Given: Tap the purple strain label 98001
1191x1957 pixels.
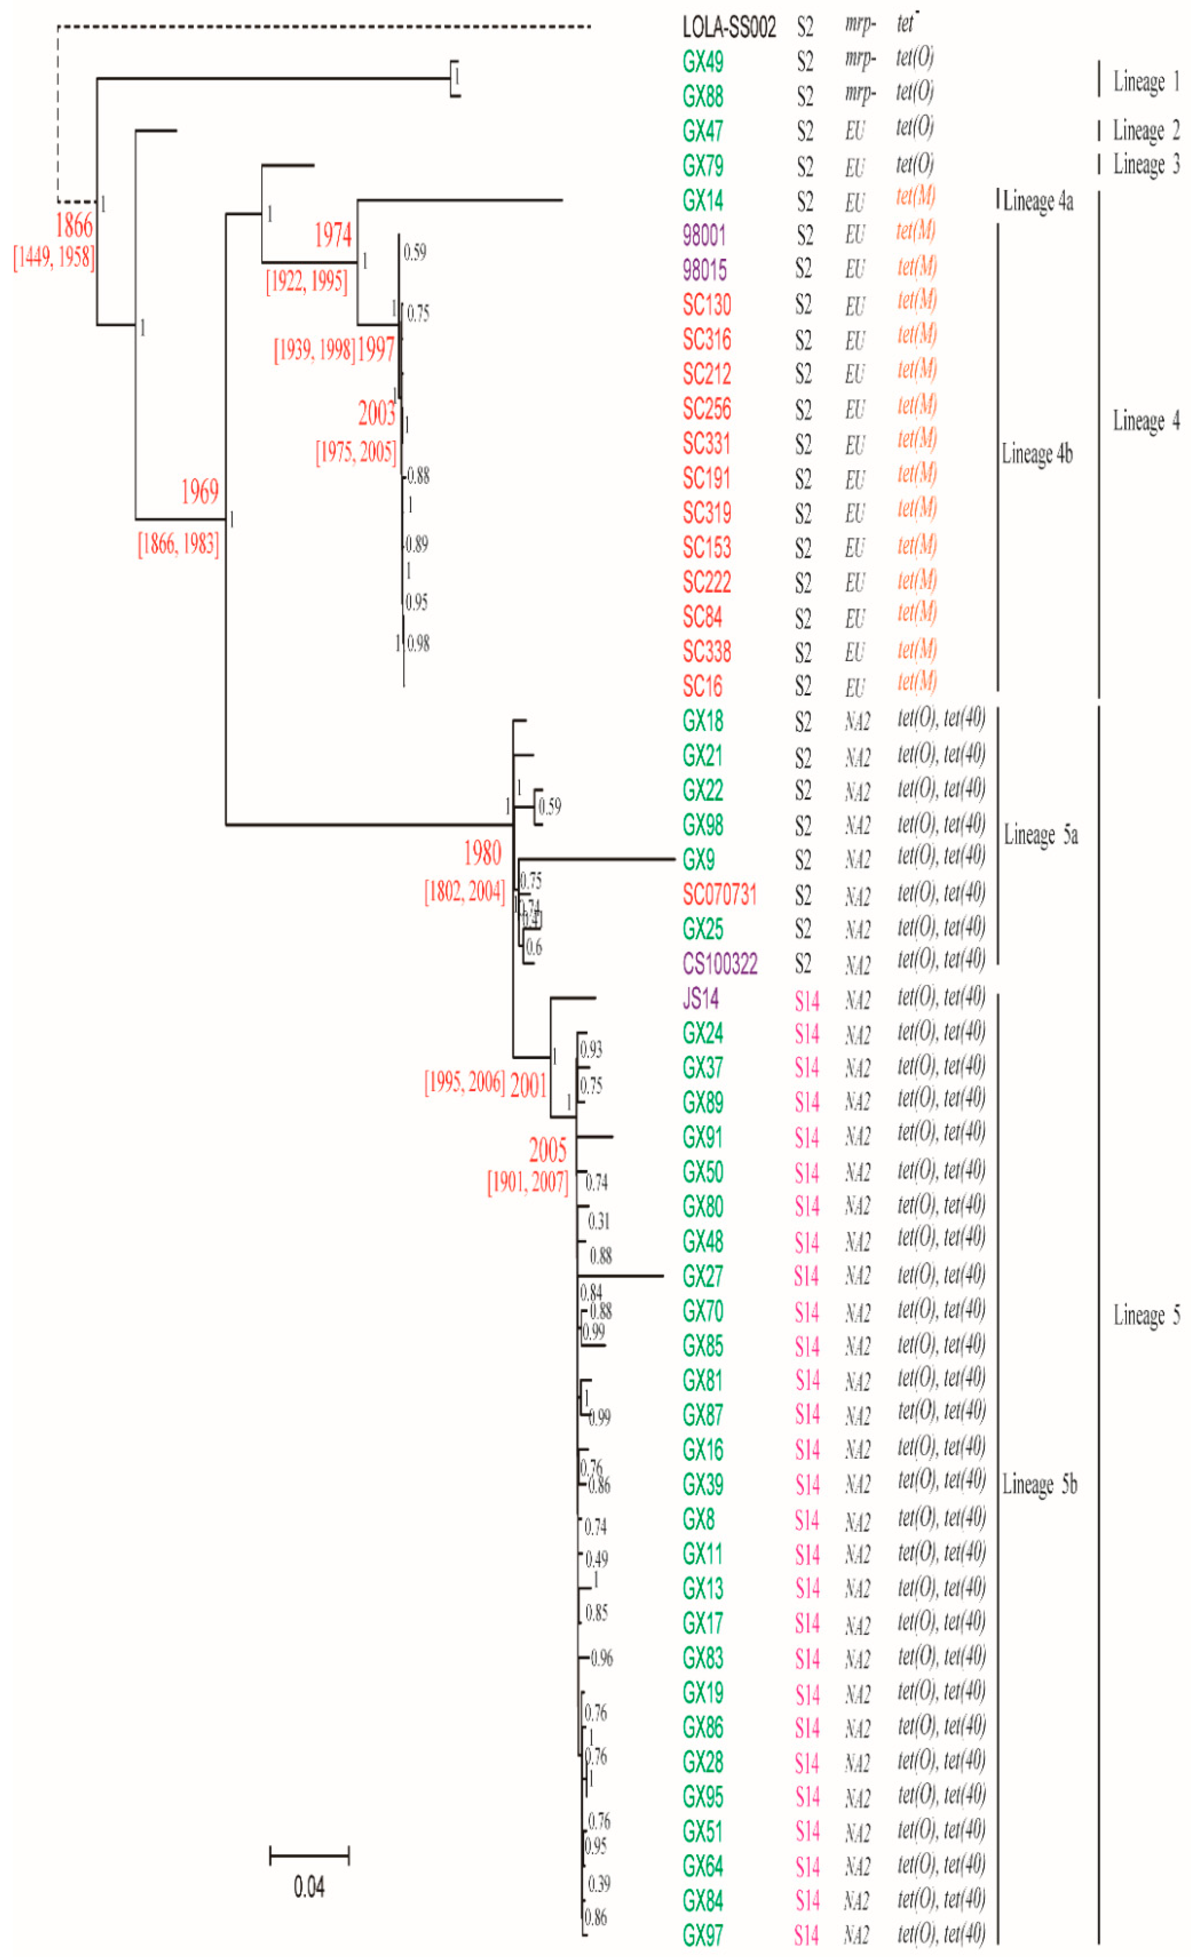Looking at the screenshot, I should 703,235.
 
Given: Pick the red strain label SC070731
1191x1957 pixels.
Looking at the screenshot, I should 719,895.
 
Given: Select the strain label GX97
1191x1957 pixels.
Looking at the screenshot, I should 703,1936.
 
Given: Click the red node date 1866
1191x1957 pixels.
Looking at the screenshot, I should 74,226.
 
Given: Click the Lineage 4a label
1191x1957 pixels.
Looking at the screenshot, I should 1038,202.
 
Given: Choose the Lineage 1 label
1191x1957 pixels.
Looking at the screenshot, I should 1146,82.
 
